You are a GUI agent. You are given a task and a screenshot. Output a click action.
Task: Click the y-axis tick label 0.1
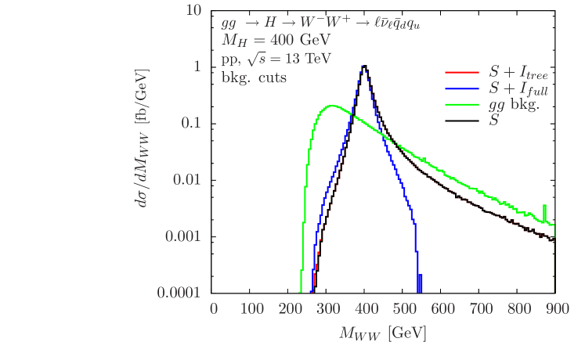pyautogui.click(x=190, y=123)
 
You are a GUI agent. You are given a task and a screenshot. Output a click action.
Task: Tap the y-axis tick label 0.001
pyautogui.click(x=183, y=236)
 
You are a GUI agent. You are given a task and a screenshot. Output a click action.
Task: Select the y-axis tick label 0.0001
pyautogui.click(x=179, y=292)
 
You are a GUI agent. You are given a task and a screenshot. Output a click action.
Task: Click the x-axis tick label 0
pyautogui.click(x=214, y=309)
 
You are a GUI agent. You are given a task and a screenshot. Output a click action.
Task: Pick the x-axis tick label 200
pyautogui.click(x=290, y=309)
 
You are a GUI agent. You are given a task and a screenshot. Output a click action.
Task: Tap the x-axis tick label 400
pyautogui.click(x=366, y=309)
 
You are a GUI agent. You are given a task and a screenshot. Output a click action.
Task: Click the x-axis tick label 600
pyautogui.click(x=442, y=309)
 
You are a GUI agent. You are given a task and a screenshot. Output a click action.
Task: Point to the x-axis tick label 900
pyautogui.click(x=555, y=309)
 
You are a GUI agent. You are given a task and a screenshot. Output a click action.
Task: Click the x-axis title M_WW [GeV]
pyautogui.click(x=383, y=333)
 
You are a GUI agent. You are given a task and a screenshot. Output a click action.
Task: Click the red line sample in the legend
pyautogui.click(x=462, y=73)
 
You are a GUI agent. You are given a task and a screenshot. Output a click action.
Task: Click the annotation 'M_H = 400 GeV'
pyautogui.click(x=276, y=40)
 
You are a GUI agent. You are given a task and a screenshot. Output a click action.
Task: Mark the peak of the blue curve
pyautogui.click(x=363, y=67)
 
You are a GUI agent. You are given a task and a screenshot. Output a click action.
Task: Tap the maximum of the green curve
pyautogui.click(x=332, y=106)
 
